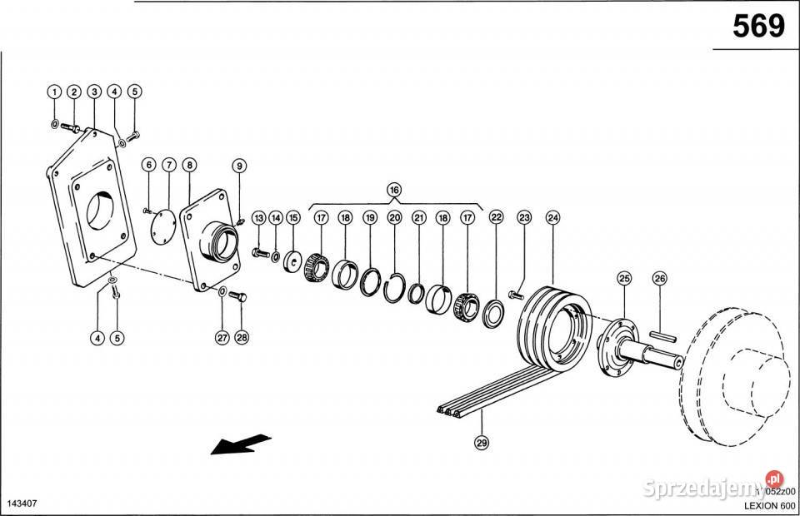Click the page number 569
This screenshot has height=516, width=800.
[757, 27]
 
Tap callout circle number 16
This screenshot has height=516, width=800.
[394, 190]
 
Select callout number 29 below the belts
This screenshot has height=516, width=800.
[481, 443]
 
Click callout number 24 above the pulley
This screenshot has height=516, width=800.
[552, 218]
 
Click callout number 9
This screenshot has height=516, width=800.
[239, 166]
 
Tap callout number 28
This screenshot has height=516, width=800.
[242, 337]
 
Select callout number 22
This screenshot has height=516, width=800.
[497, 218]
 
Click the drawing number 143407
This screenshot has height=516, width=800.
[22, 504]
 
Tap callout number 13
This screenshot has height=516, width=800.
[258, 218]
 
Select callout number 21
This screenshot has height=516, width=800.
[419, 218]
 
